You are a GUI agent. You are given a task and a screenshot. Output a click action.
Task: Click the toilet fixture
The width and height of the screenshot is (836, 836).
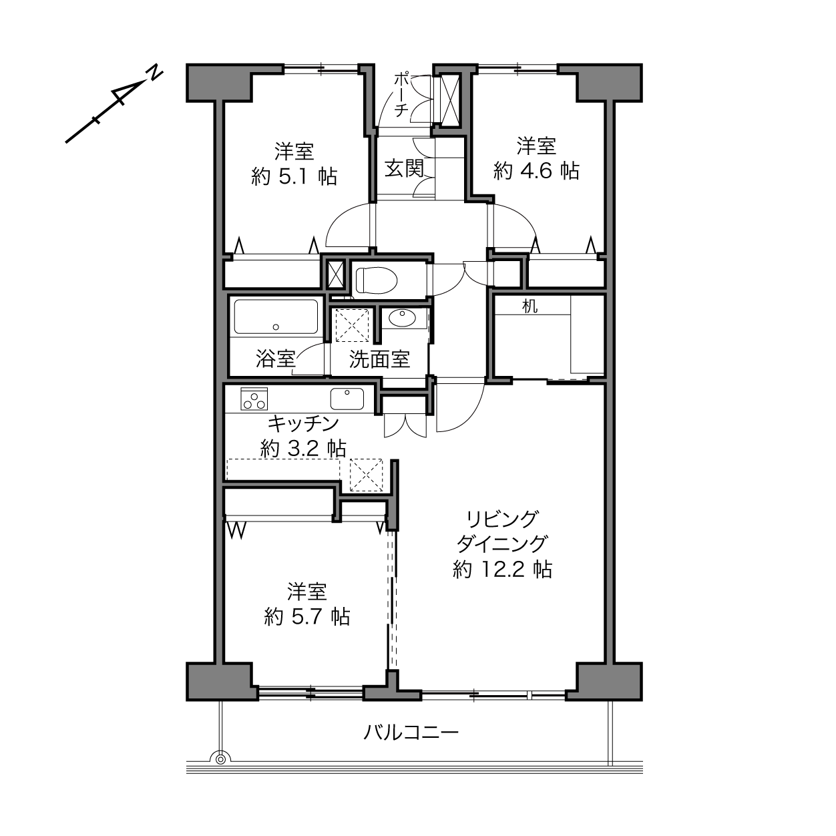click(376, 280)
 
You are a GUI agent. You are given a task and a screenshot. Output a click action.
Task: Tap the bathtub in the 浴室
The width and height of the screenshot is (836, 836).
click(276, 317)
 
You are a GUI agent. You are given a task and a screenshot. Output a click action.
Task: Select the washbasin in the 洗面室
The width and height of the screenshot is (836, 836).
click(402, 319)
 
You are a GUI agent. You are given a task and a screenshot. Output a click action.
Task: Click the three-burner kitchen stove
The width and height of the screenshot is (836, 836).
click(254, 399)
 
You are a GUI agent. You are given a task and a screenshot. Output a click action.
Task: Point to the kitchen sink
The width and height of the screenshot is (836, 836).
click(347, 399)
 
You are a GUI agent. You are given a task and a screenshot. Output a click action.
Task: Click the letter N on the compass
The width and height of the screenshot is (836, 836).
click(154, 73)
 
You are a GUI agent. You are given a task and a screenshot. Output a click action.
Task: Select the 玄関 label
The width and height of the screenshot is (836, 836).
click(405, 168)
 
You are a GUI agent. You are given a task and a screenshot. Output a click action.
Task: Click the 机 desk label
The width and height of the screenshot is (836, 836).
click(530, 306)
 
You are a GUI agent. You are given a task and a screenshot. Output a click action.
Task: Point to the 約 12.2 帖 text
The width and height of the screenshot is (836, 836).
click(502, 569)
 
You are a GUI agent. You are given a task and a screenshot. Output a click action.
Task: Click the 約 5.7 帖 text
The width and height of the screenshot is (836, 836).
click(307, 616)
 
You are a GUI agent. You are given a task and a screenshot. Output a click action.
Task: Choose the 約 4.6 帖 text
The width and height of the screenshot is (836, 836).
click(536, 171)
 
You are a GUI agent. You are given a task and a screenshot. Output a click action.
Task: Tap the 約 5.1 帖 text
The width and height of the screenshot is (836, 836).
click(294, 176)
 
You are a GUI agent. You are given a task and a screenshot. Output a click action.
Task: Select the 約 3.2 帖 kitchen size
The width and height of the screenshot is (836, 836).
click(303, 448)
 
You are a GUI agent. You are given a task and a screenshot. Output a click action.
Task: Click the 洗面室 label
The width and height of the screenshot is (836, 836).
click(380, 359)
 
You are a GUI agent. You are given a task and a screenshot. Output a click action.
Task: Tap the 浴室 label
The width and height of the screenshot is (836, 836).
click(276, 359)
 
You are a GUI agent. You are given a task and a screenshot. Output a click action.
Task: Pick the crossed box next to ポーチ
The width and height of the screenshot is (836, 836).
click(450, 101)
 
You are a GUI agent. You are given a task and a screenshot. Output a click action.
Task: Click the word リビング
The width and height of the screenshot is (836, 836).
click(502, 519)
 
